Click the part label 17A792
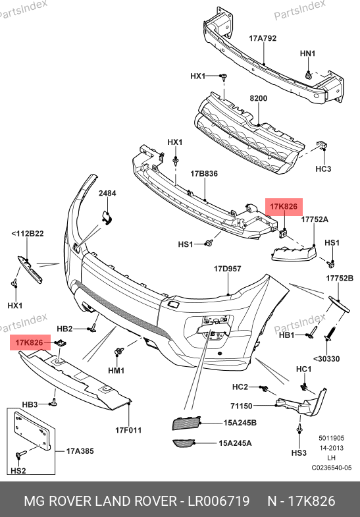point(263,38)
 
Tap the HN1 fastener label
point(307,53)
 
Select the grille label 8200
point(258,98)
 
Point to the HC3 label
point(323,169)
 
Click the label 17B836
point(204,173)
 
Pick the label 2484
point(107,193)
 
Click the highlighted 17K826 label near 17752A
point(284,207)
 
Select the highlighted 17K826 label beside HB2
point(30,342)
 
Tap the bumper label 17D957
point(227,269)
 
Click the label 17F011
point(128,430)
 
